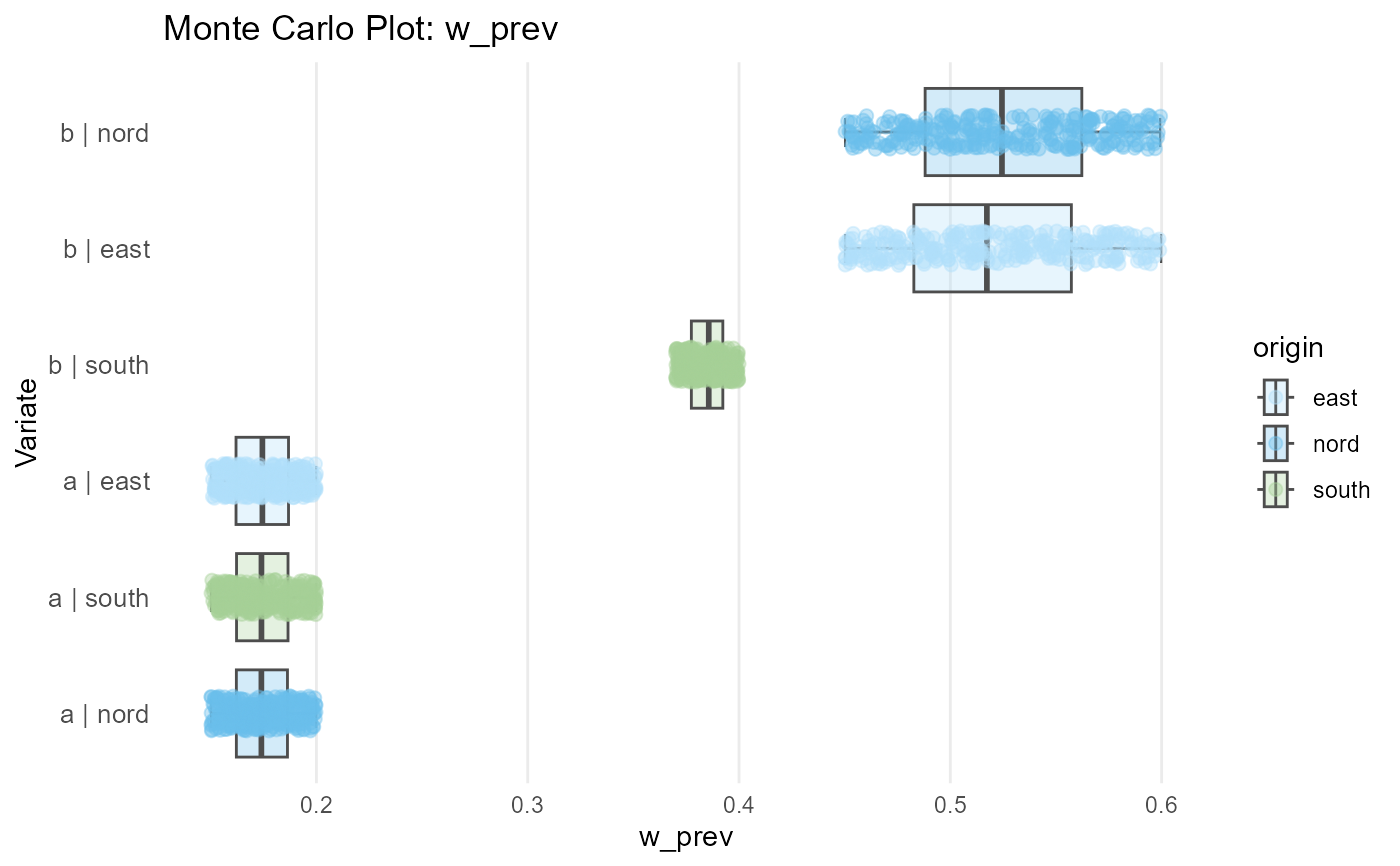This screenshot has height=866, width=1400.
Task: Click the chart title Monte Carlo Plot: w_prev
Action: point(360,29)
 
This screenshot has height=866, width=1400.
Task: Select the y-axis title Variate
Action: point(28,421)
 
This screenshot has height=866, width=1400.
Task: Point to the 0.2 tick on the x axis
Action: point(316,804)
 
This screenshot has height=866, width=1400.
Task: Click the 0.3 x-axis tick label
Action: point(527,804)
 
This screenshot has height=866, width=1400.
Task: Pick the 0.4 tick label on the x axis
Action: point(739,804)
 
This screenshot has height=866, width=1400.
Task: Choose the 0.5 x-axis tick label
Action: point(950,804)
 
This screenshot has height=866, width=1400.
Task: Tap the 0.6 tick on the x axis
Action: point(1161,804)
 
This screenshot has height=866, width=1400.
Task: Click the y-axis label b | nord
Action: point(105,133)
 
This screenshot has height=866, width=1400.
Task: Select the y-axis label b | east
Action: point(106,249)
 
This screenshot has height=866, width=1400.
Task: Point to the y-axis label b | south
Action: point(99,365)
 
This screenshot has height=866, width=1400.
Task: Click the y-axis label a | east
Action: point(106,482)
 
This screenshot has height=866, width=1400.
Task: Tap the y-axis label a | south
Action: point(99,598)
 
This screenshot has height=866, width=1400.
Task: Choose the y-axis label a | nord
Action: point(105,714)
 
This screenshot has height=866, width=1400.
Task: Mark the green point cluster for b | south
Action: point(706,365)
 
